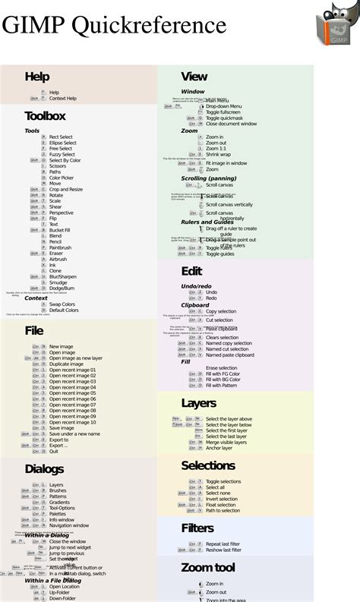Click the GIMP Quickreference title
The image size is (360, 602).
(114, 26)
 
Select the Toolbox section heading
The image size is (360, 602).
(45, 116)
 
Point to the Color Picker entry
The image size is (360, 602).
(62, 178)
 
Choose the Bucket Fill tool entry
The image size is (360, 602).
(60, 230)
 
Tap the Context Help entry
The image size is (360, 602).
(63, 99)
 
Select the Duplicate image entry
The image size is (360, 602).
(67, 364)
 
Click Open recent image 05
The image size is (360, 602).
(73, 393)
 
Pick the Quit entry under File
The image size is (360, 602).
(55, 452)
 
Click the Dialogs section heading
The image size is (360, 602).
(44, 469)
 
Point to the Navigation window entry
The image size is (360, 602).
(69, 525)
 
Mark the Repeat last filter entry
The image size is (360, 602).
(224, 544)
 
